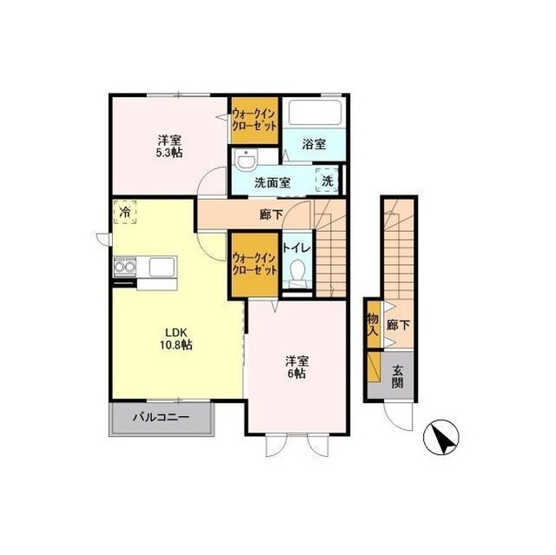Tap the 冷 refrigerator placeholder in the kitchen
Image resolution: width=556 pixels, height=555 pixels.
coord(125,212)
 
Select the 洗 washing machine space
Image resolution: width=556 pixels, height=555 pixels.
coord(328,180)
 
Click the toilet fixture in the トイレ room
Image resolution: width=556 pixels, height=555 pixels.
coord(297,274)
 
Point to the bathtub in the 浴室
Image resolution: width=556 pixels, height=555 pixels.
coord(314,112)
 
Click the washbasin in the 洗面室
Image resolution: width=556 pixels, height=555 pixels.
coord(246,161)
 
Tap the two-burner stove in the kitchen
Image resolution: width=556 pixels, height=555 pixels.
coord(125,266)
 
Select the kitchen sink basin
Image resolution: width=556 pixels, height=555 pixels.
coord(162,267)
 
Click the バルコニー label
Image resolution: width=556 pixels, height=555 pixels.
coord(161,417)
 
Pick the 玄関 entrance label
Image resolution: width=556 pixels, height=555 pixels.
coord(397,376)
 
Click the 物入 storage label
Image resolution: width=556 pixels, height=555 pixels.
coord(373,324)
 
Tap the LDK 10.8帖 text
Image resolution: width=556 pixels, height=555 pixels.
coord(175,339)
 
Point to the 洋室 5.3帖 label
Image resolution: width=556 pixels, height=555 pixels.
coord(170,147)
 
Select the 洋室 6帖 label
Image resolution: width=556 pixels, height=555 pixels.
coord(297,367)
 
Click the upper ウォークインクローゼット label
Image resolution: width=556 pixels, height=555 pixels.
coord(255,120)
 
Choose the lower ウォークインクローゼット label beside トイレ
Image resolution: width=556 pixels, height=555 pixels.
coord(255,264)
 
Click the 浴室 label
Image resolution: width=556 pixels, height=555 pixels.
coord(314,144)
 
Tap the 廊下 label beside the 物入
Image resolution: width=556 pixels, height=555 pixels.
coord(398,325)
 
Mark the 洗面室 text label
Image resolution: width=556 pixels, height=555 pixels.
coord(272,182)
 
